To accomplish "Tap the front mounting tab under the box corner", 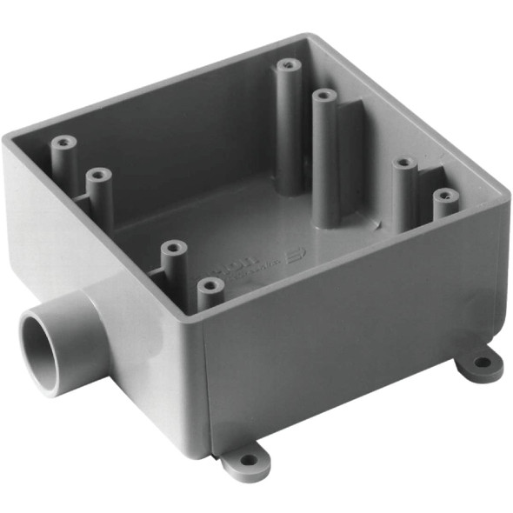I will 247,461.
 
